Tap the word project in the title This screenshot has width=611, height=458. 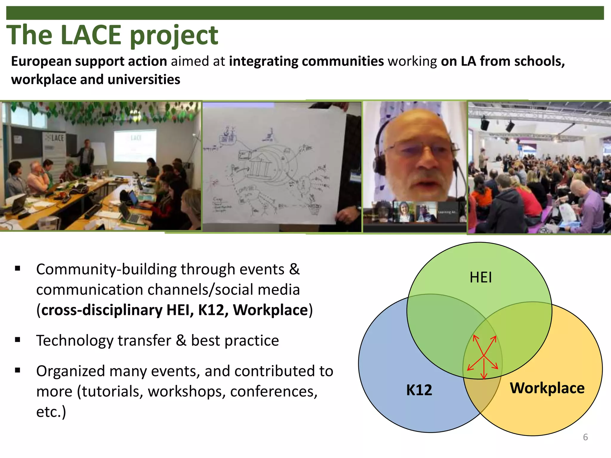click(174, 36)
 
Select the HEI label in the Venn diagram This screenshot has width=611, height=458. click(481, 277)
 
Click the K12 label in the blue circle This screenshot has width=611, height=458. click(419, 390)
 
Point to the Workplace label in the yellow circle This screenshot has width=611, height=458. click(547, 388)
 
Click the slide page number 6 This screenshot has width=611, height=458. click(585, 437)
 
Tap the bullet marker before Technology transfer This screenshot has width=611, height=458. click(18, 340)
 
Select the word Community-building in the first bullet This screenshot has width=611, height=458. click(106, 270)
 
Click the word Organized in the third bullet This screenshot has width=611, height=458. click(70, 372)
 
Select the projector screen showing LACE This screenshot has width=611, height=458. click(135, 145)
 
